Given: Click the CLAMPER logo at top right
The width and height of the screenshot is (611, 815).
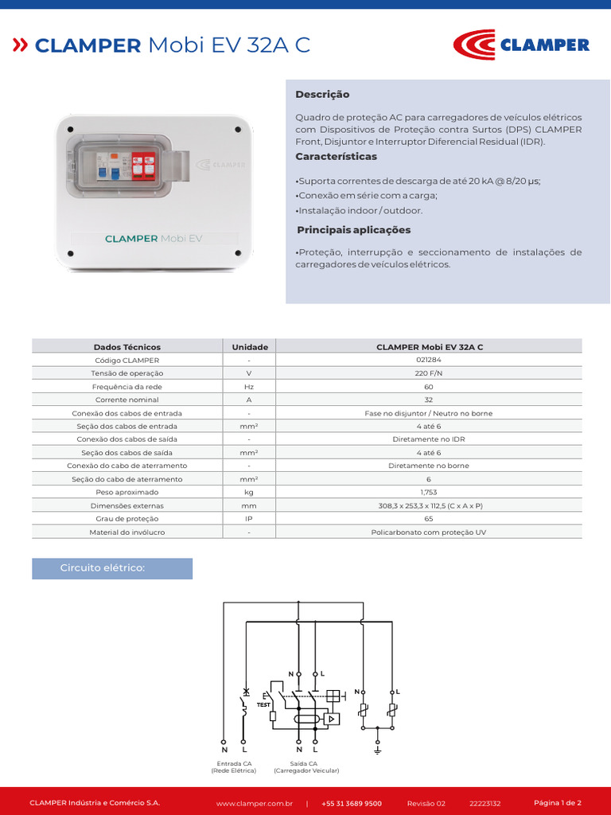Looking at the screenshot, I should coord(521,45).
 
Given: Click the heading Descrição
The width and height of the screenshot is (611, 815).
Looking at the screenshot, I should coord(322,94).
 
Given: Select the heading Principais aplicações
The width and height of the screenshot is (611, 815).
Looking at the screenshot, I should coord(353,230).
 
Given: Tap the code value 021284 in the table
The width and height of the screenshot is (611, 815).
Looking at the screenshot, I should coord(430,360).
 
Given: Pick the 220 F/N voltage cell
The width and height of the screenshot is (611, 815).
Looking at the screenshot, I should coord(430,373).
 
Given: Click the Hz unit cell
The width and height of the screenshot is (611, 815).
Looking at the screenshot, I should coord(249,387).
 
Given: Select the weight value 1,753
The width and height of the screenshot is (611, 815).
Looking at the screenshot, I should coord(430,493).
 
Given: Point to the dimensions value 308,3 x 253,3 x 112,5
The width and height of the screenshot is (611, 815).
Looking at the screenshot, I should coord(430,505).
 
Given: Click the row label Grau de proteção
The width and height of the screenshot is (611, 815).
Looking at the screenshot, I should coord(127,519).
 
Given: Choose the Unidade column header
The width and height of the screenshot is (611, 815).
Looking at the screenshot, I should coord(249,347).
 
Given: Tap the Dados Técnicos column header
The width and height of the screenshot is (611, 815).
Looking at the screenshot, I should coord(127,347).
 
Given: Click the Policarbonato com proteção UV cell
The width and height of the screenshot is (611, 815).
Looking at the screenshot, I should coord(430,532).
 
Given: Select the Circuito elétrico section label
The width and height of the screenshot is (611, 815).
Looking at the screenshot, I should coord(103,568).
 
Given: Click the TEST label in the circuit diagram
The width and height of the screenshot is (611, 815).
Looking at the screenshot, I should coord(264,704).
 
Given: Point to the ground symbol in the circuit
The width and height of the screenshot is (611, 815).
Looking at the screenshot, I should coord(377,750).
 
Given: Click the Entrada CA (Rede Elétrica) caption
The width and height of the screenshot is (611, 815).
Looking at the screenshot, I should coord(233,767).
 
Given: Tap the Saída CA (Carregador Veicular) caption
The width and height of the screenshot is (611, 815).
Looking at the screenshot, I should coord(306,767).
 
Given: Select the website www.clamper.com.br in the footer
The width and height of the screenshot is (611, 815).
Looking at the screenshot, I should coord(255,803).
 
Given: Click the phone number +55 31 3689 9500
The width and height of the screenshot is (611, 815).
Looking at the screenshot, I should coord(352,803).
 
